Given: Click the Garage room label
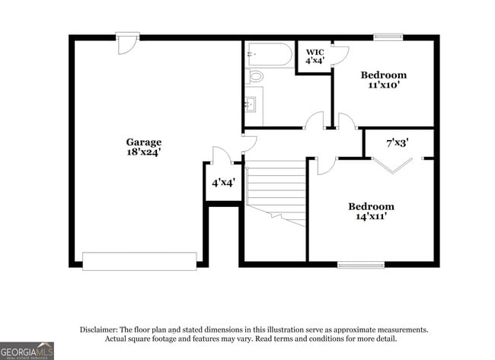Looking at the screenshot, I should click(x=144, y=142).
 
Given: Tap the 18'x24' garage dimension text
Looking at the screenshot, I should click(x=144, y=152).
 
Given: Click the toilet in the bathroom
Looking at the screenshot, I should click(x=256, y=76).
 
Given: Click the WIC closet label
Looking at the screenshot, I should click(x=315, y=52).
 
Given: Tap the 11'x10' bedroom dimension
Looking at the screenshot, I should click(x=383, y=86).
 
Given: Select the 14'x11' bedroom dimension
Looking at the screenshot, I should click(x=372, y=217).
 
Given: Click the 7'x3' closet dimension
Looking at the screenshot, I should click(x=398, y=142).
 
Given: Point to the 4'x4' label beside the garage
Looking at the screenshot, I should click(x=223, y=183).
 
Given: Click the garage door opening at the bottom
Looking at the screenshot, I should click(x=139, y=260).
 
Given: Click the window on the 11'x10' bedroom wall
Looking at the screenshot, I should click(x=388, y=36).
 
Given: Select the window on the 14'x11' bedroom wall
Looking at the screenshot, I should click(x=361, y=265).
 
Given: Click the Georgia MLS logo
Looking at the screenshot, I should click(x=27, y=350).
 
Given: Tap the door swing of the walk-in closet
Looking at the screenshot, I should click(x=340, y=54).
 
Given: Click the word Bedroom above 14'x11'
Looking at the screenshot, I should click(x=372, y=206).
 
